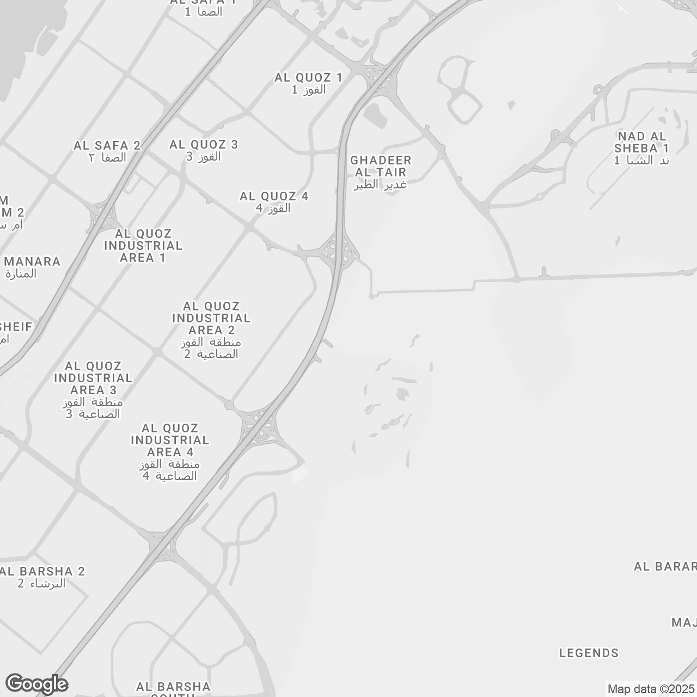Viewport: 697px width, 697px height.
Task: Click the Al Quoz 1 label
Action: (308, 83)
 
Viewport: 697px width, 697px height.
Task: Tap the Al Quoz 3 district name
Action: (204, 150)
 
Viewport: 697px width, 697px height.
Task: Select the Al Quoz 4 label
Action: (274, 201)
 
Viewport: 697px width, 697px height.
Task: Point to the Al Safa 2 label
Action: (107, 151)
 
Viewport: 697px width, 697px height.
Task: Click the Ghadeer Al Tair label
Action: (381, 172)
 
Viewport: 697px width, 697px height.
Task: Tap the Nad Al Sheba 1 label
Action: (641, 148)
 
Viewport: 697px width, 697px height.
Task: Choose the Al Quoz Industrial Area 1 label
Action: (143, 246)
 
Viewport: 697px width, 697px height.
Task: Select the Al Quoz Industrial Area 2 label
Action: (211, 330)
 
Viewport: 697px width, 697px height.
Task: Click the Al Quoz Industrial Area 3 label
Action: (93, 390)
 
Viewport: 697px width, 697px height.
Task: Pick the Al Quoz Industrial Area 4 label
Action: (170, 452)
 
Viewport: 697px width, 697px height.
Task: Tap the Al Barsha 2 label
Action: (44, 577)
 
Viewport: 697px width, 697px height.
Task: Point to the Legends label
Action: (589, 653)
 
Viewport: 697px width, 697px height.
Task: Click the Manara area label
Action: (32, 267)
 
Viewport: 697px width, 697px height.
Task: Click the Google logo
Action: (36, 684)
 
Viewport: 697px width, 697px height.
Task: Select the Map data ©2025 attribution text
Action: (651, 689)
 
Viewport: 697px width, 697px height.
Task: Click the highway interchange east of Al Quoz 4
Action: (340, 251)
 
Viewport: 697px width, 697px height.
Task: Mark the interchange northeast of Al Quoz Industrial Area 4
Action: (260, 425)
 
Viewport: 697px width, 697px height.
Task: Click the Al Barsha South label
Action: (173, 688)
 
